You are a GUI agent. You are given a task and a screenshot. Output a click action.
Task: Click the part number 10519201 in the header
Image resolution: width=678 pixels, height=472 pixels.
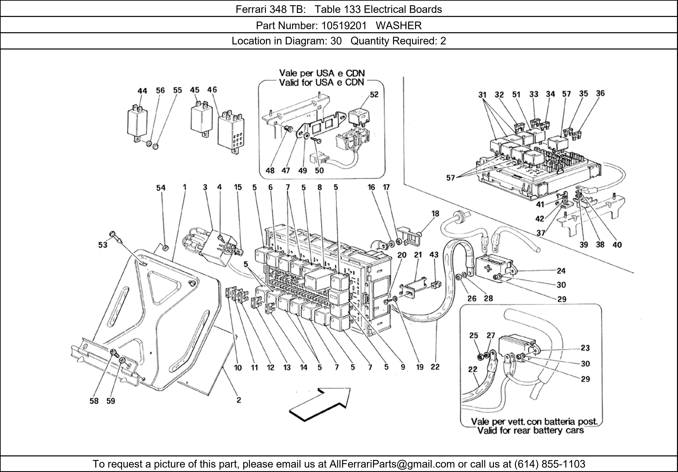[344, 26]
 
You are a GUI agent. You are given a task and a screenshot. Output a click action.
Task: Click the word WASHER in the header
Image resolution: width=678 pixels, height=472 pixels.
[399, 26]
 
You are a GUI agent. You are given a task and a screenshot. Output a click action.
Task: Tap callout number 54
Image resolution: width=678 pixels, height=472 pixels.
[161, 188]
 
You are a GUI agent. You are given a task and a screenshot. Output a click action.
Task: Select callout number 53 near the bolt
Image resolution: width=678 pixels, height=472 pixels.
[103, 245]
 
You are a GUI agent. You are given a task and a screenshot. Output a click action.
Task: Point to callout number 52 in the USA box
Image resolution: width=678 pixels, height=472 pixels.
[374, 94]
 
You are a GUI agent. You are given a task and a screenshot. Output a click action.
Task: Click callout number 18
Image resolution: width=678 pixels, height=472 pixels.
[435, 214]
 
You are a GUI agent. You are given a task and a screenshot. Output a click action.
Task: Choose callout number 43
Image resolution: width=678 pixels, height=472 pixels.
[434, 255]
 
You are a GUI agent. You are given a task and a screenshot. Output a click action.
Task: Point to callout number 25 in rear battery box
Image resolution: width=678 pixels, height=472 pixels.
[473, 336]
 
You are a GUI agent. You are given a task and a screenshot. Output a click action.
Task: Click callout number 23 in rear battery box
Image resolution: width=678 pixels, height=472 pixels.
[585, 348]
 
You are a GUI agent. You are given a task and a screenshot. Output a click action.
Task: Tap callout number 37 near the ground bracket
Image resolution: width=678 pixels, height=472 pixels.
[541, 233]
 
